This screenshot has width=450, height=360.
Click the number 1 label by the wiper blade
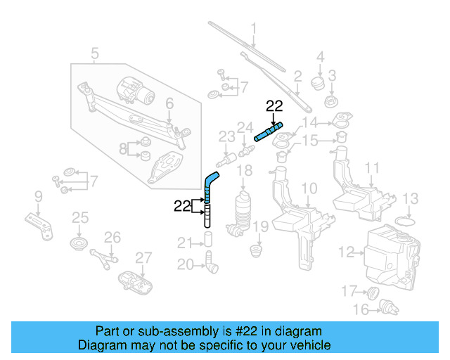point(254,29)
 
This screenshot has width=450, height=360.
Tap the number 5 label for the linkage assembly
point(95,53)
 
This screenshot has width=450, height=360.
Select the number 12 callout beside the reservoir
point(346,251)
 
